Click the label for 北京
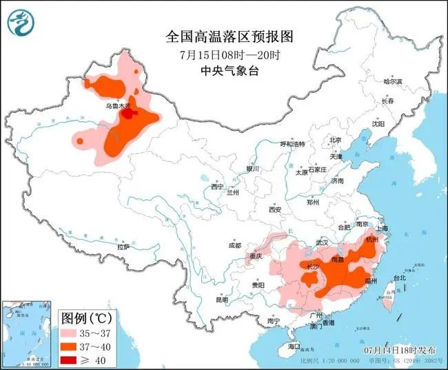click(x=336, y=140)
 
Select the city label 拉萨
click(x=123, y=246)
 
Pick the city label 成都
click(x=234, y=245)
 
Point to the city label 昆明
click(x=221, y=300)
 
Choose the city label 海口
click(x=295, y=345)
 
